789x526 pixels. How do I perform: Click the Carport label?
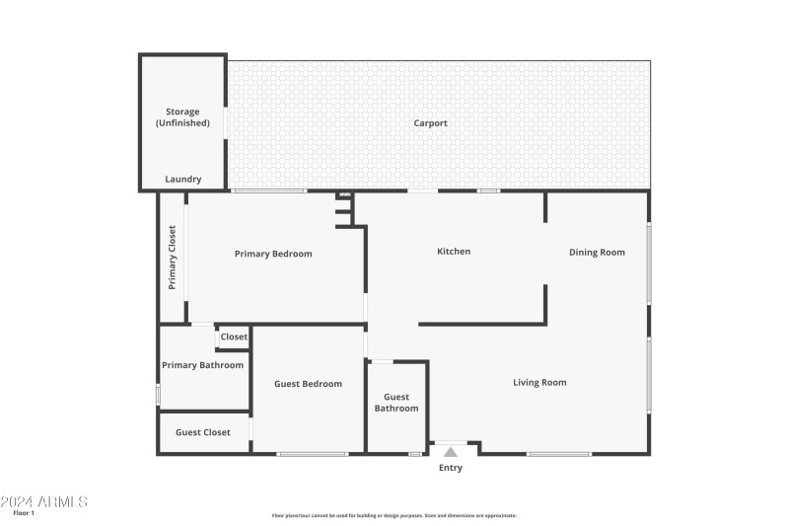tap(430, 123)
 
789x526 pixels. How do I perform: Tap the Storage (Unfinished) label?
tap(182, 117)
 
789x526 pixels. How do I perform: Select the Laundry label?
tap(182, 180)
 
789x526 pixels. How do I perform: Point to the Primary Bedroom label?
tap(273, 254)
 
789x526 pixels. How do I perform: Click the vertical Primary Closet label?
tap(172, 258)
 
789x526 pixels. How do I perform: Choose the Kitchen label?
tap(454, 252)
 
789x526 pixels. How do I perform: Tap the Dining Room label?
tap(597, 253)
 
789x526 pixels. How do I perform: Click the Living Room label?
tap(539, 382)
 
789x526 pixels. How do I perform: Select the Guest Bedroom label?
tap(308, 384)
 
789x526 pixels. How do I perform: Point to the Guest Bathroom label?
tap(395, 403)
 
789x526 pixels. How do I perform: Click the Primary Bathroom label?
tap(202, 365)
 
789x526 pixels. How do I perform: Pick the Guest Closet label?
tap(203, 432)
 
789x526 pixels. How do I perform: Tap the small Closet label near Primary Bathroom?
tap(234, 338)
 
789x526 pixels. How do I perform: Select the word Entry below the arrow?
tap(451, 468)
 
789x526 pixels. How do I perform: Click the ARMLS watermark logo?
tap(44, 501)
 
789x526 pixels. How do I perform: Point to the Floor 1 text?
tap(24, 513)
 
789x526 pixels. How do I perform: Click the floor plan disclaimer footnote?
tap(394, 515)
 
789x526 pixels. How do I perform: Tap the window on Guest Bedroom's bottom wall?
tap(313, 454)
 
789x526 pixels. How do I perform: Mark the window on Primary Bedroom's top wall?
tap(269, 190)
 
